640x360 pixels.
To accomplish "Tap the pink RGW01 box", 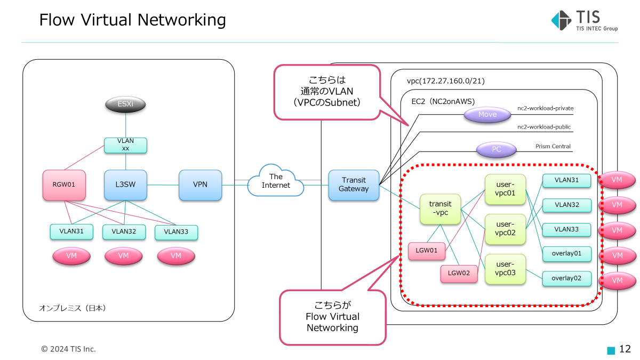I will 64,185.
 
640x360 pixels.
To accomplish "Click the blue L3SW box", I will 125,185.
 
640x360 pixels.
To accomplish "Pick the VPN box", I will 200,185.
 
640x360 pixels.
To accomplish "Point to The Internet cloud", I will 276,181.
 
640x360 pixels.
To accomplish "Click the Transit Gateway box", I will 354,185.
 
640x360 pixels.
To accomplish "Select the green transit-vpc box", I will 440,209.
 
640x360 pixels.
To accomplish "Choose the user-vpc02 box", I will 505,229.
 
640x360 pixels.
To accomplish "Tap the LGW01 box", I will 427,251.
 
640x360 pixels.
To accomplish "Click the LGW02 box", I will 459,274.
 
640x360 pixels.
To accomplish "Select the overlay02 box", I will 566,278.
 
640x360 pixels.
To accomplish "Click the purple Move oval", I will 487,115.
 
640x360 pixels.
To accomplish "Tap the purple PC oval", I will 496,150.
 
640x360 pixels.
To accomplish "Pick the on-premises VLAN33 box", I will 176,232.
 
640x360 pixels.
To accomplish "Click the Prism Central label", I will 553,147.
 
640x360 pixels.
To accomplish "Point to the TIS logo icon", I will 561,20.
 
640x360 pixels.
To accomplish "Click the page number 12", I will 625,349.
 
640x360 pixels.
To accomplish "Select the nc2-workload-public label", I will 544,127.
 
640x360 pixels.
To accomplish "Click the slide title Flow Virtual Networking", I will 132,20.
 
